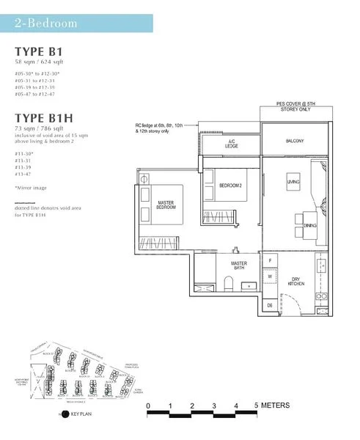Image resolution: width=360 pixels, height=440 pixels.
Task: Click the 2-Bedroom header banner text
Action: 45,23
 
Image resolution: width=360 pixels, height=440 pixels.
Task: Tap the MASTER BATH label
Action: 239,266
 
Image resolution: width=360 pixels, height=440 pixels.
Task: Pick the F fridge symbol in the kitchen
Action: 271,260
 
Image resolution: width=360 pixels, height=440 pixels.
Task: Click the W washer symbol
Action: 271,276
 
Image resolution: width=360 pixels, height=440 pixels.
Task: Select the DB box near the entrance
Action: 270,304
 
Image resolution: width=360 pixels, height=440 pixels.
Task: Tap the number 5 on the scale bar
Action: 257,406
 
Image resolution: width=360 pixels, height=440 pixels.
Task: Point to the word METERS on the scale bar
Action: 276,406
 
